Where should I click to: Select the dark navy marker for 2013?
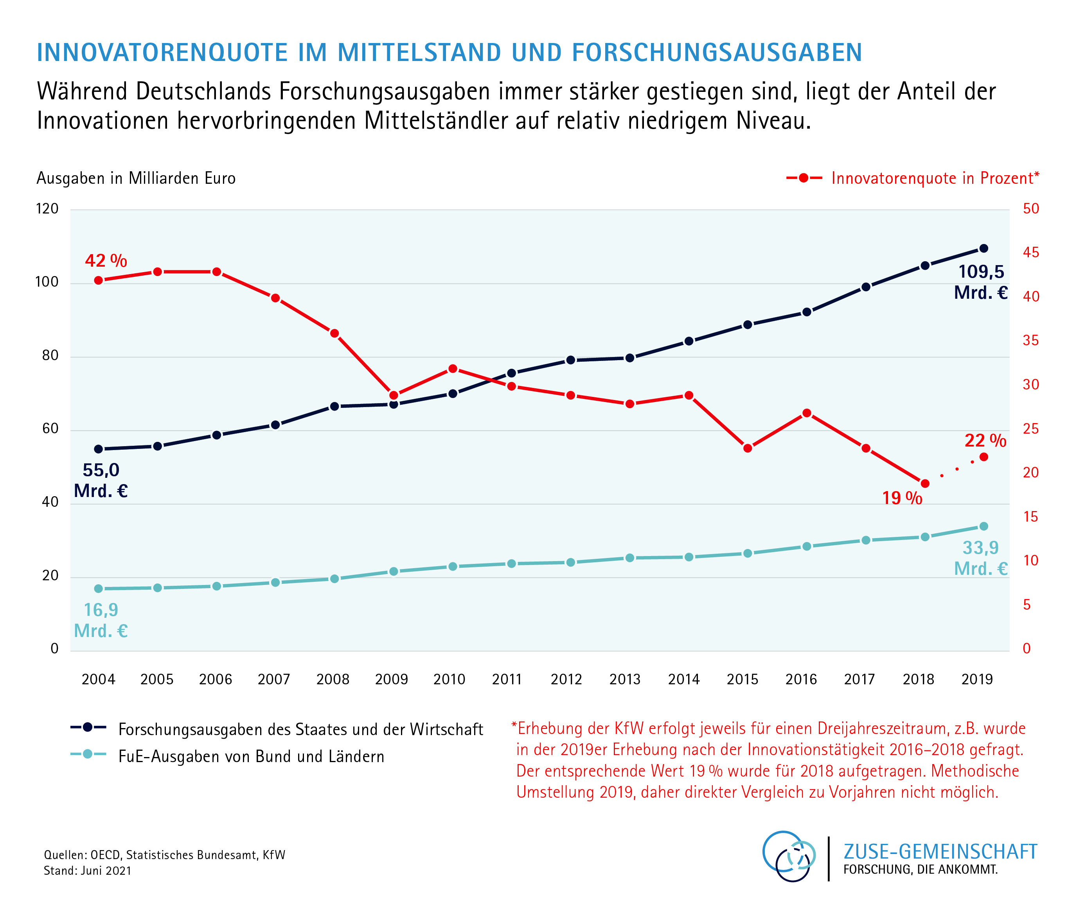point(630,358)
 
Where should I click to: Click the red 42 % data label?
point(106,260)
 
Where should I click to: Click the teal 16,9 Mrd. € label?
point(101,620)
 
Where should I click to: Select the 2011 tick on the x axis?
point(507,679)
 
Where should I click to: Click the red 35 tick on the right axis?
point(1030,341)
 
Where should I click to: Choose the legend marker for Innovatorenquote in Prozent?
point(804,178)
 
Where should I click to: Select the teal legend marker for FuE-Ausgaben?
point(88,754)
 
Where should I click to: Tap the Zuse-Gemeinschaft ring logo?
point(789,856)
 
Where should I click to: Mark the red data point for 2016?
point(807,413)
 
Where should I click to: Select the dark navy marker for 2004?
point(99,449)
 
